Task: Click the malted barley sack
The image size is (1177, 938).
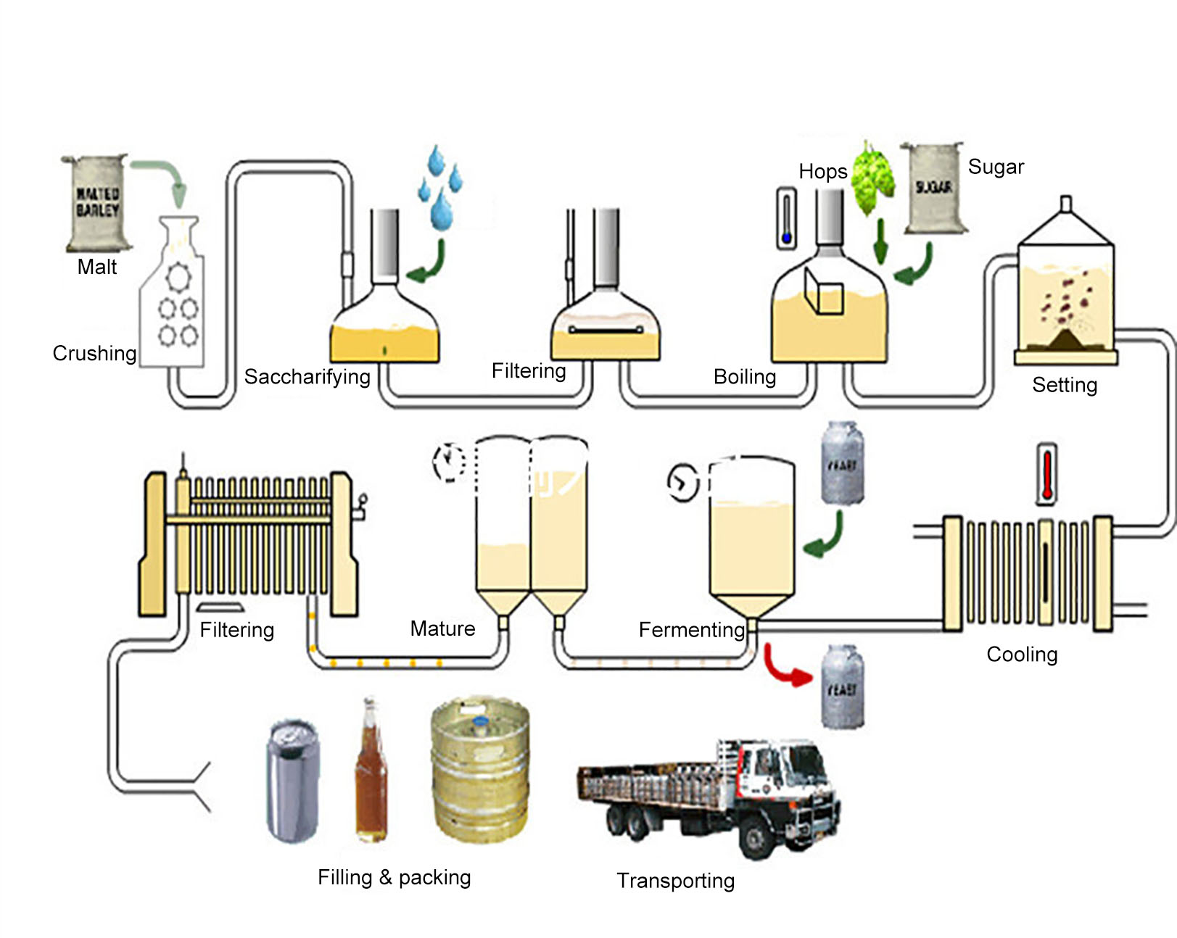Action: coord(97,203)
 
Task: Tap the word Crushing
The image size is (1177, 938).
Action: coord(94,353)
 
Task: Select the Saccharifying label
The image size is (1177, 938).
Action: coord(307,377)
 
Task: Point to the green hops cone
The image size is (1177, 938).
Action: coord(872,178)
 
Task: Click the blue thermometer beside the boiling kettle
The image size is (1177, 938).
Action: coord(786,218)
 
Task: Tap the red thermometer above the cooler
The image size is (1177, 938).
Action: coord(1046,474)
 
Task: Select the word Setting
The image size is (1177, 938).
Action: coord(1064,385)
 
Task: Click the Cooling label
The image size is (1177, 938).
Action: coord(1022,655)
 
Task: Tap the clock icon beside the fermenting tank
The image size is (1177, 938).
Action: coord(682,482)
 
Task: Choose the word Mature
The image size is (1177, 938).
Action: coord(442,628)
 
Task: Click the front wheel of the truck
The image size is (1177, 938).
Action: coord(756,839)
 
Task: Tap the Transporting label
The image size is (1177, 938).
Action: coord(675,881)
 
